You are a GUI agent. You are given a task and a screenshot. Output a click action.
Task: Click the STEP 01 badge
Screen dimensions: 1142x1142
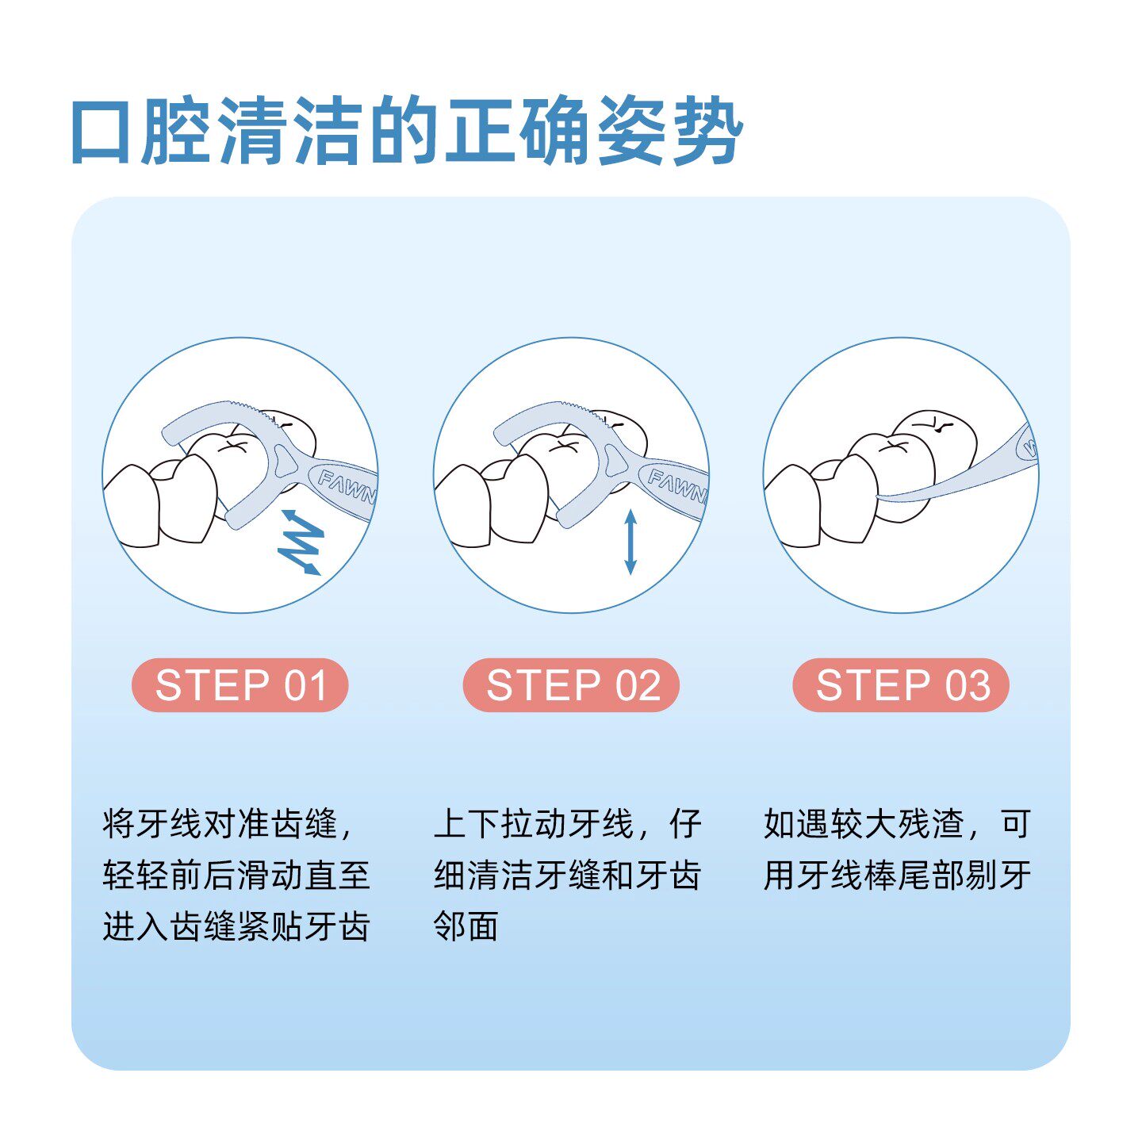click(240, 685)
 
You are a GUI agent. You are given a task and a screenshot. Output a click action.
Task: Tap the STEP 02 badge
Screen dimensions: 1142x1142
click(571, 685)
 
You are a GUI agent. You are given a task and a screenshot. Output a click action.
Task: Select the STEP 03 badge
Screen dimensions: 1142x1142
click(901, 685)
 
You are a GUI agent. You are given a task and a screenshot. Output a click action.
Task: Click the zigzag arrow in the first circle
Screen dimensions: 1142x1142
click(301, 542)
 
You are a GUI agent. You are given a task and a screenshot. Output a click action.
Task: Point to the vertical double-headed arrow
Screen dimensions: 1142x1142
click(630, 542)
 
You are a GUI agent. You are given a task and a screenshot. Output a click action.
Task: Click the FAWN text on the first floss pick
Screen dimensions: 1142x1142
click(345, 486)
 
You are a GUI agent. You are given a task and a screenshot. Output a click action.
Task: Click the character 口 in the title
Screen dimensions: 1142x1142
click(102, 132)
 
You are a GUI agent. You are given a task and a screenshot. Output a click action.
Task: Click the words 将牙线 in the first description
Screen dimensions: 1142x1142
click(152, 824)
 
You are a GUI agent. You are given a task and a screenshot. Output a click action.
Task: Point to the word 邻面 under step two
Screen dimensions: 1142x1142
click(466, 925)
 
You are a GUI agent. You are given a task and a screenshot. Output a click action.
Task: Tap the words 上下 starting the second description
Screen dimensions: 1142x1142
click(466, 824)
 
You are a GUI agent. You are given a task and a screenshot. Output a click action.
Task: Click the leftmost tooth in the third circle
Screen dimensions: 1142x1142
click(793, 508)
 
